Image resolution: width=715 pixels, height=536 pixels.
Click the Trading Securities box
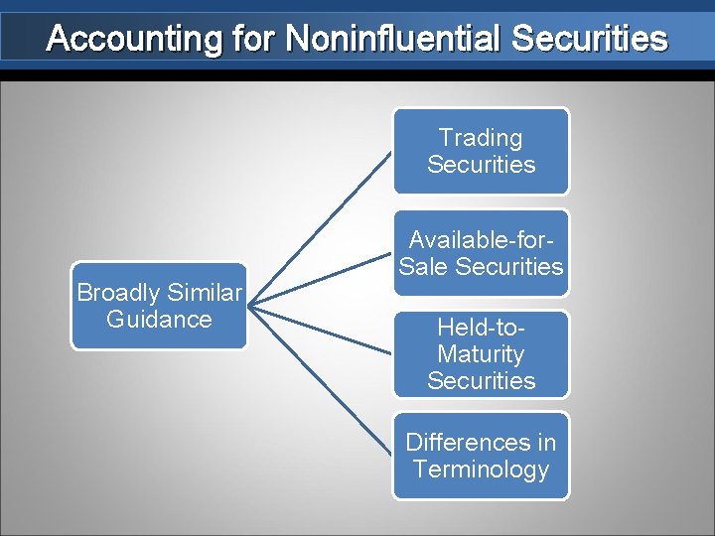[482, 151]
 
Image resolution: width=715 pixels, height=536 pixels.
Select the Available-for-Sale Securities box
[482, 253]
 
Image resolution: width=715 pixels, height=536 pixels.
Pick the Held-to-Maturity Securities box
[482, 354]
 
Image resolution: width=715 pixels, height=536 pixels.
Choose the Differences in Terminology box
[482, 456]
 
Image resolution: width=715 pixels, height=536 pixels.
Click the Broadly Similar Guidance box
[159, 306]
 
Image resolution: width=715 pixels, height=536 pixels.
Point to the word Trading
[482, 138]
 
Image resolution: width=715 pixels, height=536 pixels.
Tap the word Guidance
[159, 320]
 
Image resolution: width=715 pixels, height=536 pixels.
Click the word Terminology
[482, 469]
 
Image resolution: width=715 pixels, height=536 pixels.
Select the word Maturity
[482, 354]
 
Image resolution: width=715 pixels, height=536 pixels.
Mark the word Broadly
[118, 293]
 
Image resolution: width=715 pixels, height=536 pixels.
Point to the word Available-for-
[482, 239]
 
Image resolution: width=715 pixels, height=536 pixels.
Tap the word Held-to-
[482, 328]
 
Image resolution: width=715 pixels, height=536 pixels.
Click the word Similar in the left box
[204, 293]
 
